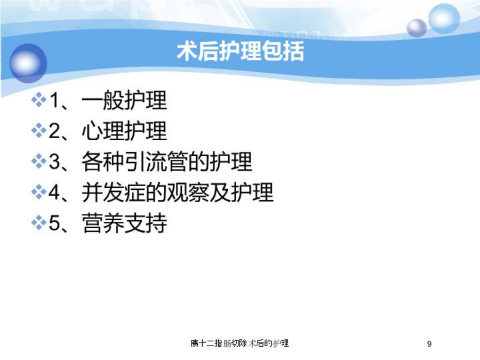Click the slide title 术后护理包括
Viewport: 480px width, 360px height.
241,51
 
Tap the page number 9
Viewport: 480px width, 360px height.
429,344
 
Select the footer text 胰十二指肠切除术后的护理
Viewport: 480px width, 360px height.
239,343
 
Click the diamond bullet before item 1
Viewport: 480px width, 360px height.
39,100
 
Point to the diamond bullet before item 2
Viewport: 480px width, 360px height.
39,131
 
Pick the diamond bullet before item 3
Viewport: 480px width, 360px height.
39,161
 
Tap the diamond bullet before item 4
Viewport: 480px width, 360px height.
39,192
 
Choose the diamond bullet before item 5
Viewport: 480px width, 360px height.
39,222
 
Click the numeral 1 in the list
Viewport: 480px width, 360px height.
54,100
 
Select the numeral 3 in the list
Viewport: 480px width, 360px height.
55,161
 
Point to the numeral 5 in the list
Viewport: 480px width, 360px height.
55,223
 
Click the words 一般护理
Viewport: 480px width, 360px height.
124,100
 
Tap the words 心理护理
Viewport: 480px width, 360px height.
124,131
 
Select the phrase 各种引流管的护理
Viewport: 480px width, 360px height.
167,161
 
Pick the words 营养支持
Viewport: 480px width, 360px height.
124,223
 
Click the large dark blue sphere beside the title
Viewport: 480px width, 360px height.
28,63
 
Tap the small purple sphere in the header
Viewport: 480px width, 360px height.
417,28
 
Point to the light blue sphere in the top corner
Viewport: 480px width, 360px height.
444,18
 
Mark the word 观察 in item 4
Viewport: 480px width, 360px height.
188,192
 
